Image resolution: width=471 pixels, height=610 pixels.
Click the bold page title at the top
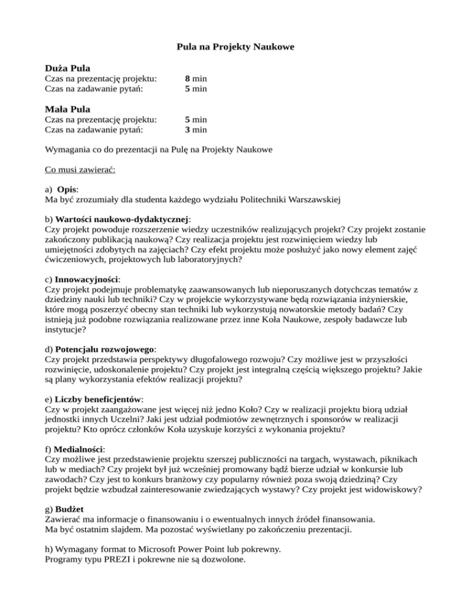[x=235, y=46]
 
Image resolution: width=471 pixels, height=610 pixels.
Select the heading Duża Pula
[x=68, y=67]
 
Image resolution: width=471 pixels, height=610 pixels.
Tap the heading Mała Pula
[x=68, y=109]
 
